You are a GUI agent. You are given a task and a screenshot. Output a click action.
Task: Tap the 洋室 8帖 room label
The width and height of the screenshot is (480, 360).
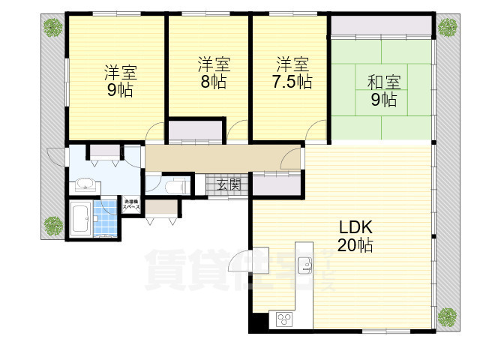[214, 73]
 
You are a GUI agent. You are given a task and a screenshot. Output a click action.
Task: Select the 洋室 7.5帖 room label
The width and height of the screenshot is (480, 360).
[292, 73]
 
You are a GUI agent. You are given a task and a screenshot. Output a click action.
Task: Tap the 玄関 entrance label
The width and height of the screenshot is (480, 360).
[229, 184]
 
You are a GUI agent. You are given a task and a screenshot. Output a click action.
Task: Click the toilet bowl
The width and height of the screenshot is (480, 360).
[173, 185]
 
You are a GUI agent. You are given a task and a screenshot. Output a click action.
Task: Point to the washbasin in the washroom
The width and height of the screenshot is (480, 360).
[83, 184]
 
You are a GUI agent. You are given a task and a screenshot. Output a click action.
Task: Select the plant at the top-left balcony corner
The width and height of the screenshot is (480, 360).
[52, 28]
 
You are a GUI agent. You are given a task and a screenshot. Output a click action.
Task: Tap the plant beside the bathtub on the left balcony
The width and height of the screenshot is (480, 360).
[52, 225]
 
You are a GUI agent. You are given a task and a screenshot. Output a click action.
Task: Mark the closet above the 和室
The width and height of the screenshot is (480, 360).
[381, 27]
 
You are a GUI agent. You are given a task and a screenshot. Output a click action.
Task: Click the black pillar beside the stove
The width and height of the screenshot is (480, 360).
[257, 320]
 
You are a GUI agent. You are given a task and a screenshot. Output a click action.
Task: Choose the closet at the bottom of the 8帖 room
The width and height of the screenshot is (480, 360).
[195, 131]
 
